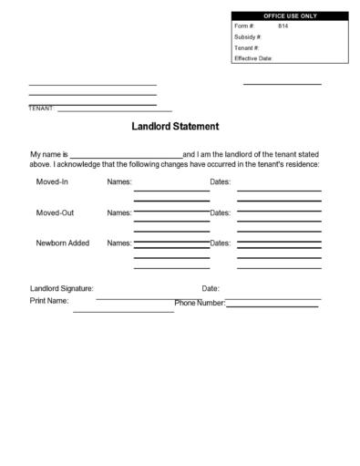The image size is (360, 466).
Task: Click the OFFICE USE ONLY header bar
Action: pyautogui.click(x=290, y=16)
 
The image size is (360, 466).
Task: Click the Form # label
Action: pyautogui.click(x=243, y=26)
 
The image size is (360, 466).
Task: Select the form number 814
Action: pyautogui.click(x=283, y=26)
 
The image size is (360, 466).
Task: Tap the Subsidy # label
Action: pyautogui.click(x=247, y=36)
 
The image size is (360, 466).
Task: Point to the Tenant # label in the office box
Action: pyautogui.click(x=246, y=47)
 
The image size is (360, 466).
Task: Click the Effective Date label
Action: pyautogui.click(x=253, y=58)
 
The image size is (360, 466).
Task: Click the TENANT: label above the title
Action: pyautogui.click(x=42, y=109)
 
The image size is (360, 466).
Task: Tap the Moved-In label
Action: pyautogui.click(x=52, y=181)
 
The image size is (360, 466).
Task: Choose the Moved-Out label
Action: pyautogui.click(x=55, y=212)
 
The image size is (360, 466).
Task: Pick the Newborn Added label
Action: pyautogui.click(x=63, y=243)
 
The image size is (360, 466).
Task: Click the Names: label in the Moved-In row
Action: pyautogui.click(x=119, y=181)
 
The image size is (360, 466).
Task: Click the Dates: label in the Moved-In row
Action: pyautogui.click(x=221, y=181)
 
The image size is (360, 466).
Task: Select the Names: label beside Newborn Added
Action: pyautogui.click(x=119, y=243)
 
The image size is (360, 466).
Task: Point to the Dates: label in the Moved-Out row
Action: pyautogui.click(x=221, y=212)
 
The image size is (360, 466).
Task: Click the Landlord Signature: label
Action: pyautogui.click(x=62, y=289)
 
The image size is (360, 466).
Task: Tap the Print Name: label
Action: pyautogui.click(x=49, y=300)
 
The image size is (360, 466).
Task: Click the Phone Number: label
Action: pyautogui.click(x=199, y=303)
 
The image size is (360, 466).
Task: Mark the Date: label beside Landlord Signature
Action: pyautogui.click(x=211, y=289)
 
